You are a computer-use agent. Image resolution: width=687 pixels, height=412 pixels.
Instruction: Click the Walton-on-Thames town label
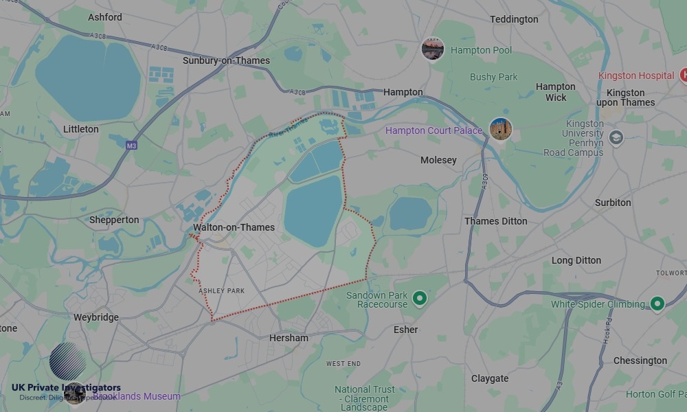[x=234, y=227]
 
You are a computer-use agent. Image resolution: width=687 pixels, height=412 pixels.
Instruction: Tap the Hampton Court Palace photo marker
[x=501, y=129]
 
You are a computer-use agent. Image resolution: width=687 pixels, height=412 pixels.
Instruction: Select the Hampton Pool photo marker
[x=433, y=49]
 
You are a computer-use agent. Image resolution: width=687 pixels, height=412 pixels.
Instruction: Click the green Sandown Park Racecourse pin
[x=420, y=299]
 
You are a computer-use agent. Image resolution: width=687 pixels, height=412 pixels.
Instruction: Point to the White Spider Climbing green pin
[x=657, y=304]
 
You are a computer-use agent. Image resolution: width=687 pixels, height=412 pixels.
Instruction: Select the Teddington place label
[x=514, y=19]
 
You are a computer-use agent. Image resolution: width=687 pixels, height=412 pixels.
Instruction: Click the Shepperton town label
[x=114, y=220]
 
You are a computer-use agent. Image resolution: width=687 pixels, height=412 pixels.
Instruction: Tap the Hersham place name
[x=289, y=338]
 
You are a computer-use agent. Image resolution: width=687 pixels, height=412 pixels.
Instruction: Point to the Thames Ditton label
[x=496, y=221]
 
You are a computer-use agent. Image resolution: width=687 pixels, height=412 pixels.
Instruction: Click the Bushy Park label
[x=493, y=77]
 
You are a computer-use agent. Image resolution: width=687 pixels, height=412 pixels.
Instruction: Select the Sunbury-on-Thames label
[x=226, y=60]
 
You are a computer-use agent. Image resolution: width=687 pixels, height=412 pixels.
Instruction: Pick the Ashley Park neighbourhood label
[x=221, y=291]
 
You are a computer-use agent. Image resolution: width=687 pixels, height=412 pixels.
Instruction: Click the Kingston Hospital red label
[x=636, y=76]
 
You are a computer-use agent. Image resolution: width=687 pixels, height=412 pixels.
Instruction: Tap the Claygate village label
[x=490, y=378]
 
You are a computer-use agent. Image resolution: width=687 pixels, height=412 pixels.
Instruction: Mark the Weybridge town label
[x=95, y=317]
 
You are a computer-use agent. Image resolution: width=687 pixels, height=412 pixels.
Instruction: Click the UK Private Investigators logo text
[x=66, y=388]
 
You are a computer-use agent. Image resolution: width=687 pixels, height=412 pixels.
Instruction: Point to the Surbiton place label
[x=613, y=203]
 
